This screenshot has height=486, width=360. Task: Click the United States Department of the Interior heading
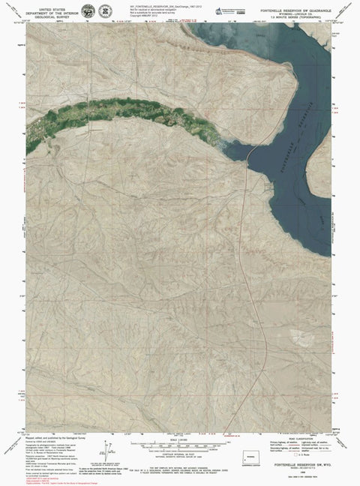[x=52, y=8]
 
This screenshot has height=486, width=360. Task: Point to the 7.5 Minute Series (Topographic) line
[x=298, y=15]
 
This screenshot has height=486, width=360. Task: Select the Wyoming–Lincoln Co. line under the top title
[x=298, y=10]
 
